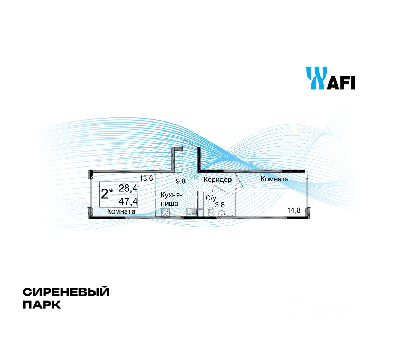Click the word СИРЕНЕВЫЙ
click(x=66, y=292)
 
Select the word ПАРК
click(x=42, y=305)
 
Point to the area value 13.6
click(x=146, y=179)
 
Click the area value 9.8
click(x=180, y=181)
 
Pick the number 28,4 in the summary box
click(x=128, y=188)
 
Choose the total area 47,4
click(x=128, y=201)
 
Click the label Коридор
click(x=217, y=180)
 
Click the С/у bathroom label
click(x=211, y=198)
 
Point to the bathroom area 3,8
click(x=220, y=205)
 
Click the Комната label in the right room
click(x=274, y=179)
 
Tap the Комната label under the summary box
click(x=121, y=211)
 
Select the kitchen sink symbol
click(x=191, y=212)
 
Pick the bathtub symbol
click(x=230, y=205)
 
